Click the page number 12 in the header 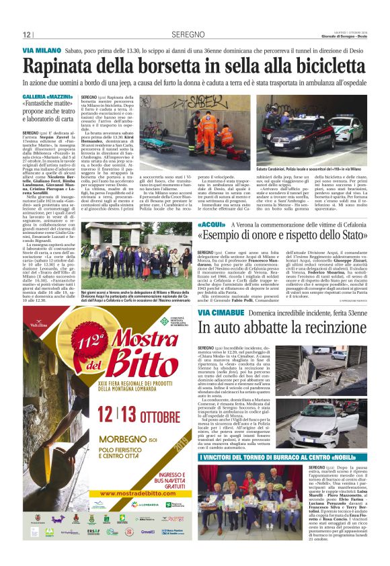27,35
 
